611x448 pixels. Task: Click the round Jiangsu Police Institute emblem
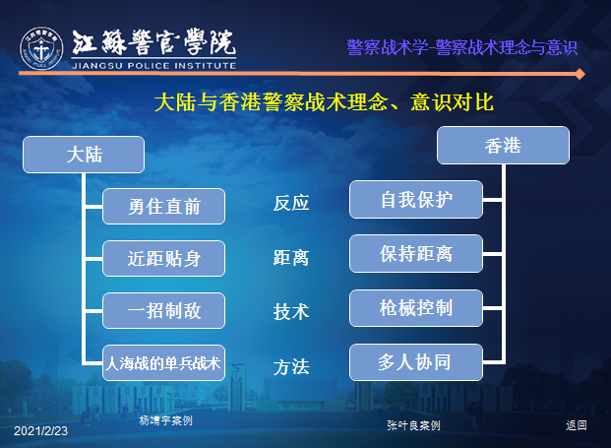pos(41,48)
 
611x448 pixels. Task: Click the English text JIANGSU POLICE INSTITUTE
pos(153,66)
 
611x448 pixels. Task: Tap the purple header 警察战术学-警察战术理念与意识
pos(461,47)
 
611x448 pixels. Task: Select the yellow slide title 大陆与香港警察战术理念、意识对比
pos(324,102)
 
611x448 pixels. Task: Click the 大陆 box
pos(84,155)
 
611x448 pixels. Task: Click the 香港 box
pos(503,145)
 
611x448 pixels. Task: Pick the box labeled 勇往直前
pos(163,206)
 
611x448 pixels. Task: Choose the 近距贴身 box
pos(163,259)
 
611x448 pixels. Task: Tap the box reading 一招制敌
pos(163,311)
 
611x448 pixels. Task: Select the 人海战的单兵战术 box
pos(163,363)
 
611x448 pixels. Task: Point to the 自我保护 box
pos(416,199)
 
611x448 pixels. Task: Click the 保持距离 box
pos(416,253)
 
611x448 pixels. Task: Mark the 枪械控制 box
pos(416,308)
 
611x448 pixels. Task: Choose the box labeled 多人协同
pos(416,362)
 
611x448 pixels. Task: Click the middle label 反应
pos(291,203)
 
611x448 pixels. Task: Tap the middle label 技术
pos(291,312)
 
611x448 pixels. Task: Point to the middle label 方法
pos(291,367)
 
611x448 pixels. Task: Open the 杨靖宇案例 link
pos(165,420)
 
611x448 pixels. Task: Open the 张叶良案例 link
pos(413,425)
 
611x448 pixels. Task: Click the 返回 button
pos(577,425)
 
